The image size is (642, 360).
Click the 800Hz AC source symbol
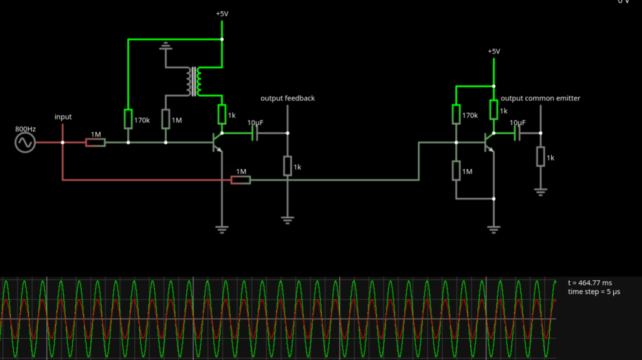26,143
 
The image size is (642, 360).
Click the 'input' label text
63,117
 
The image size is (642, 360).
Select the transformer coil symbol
193,81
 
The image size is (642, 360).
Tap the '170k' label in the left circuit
142,119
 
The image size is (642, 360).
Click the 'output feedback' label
287,98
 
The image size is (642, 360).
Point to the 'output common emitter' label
540,98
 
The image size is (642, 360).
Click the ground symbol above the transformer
166,45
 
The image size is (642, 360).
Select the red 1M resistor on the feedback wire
241,181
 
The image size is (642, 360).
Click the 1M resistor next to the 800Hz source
95,143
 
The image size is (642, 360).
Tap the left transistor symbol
219,143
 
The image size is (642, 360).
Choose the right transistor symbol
490,143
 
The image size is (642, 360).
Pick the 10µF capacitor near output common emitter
518,133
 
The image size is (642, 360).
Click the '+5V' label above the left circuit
223,14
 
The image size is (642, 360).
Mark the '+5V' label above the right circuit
494,51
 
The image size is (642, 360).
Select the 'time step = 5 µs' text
596,292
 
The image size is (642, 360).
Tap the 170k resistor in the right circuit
456,115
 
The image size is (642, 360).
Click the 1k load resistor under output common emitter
540,157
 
